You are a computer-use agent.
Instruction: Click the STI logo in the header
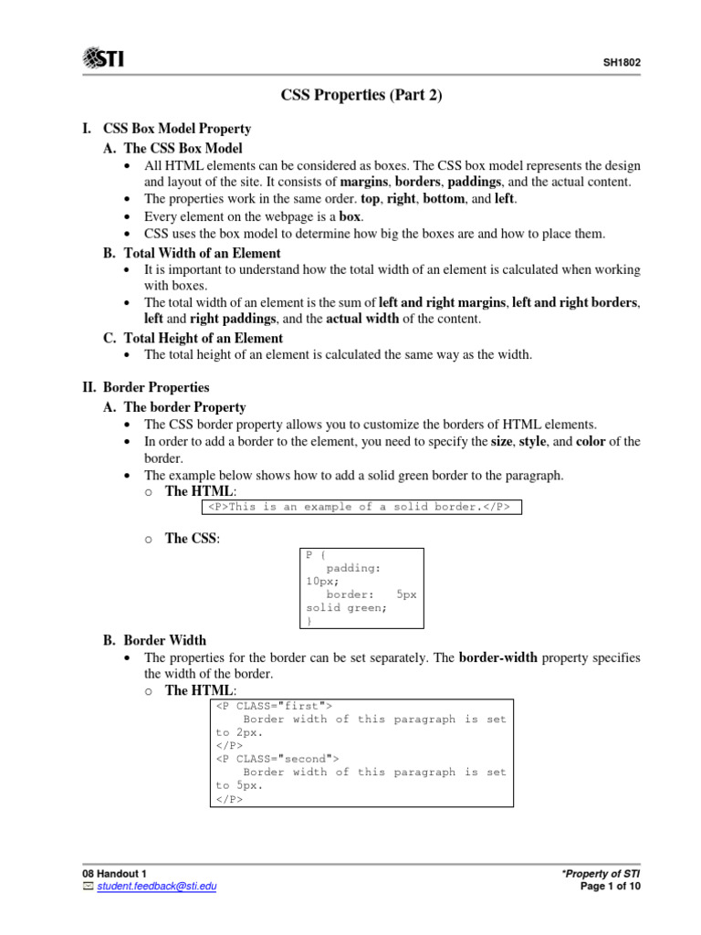pos(103,59)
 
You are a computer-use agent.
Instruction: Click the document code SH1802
pos(621,64)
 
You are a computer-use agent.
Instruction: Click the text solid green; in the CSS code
pos(347,607)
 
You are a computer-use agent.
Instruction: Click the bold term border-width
pos(497,657)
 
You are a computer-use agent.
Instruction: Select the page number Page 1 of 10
pos(610,887)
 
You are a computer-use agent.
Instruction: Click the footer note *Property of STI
pos(602,874)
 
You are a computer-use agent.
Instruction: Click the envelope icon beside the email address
pos(88,887)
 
